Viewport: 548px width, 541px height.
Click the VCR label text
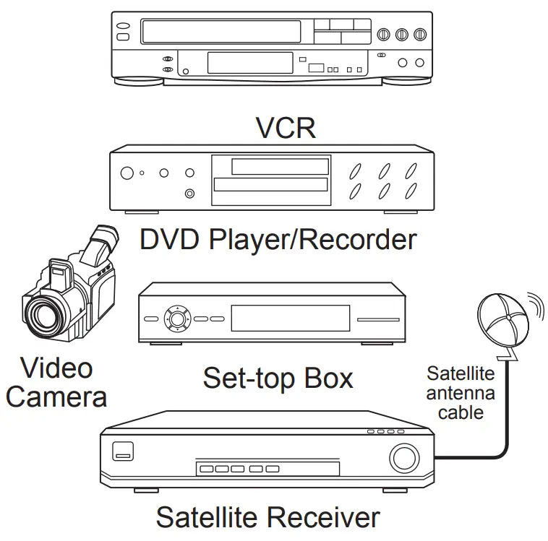[x=286, y=128]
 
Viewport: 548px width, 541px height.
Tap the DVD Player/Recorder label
[x=278, y=239]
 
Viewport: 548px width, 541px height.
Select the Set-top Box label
[x=278, y=378]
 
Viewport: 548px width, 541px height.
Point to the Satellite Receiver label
[x=267, y=517]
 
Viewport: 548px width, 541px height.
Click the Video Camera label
[x=56, y=383]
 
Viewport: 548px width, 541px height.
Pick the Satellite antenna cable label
[x=461, y=393]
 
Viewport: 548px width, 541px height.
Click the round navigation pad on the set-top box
[x=176, y=317]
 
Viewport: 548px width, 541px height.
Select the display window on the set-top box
[x=290, y=318]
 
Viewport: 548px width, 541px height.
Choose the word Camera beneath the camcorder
[x=56, y=397]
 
